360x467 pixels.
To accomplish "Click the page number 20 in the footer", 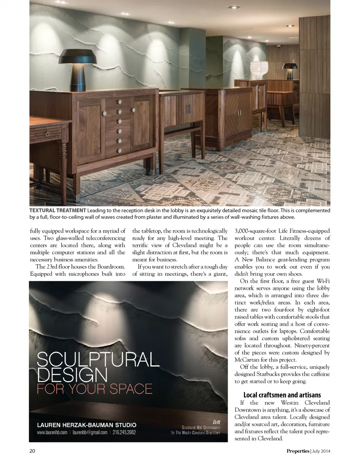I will coord(32,451).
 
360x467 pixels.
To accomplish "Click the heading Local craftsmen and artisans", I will coord(282,395).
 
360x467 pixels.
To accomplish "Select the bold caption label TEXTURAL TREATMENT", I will coord(57,210).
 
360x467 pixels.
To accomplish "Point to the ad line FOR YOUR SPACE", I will coord(94,389).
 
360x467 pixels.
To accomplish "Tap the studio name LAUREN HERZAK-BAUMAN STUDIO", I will coord(87,425).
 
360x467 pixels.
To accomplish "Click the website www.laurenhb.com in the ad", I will coord(52,432).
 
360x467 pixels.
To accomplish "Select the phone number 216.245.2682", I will coord(124,432).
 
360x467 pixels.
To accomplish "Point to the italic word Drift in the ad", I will coord(216,422).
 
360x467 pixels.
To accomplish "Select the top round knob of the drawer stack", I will coord(120,102).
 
